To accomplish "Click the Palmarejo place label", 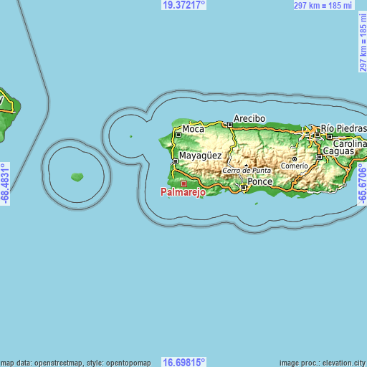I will [183, 193].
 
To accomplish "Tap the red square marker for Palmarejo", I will [183, 183].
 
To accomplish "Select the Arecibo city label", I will [249, 118].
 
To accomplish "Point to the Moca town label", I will [193, 129].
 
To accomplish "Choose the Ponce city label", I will [260, 182].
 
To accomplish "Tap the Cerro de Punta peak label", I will [247, 171].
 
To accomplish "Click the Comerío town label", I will [295, 166].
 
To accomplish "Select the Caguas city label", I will [339, 152].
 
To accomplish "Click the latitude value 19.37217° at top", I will [184, 4].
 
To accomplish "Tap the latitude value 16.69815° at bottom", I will [184, 362].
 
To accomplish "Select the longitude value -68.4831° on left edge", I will [5, 183].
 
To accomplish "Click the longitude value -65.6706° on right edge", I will [362, 183].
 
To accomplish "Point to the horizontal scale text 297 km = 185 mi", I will [324, 5].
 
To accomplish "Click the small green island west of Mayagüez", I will [77, 176].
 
